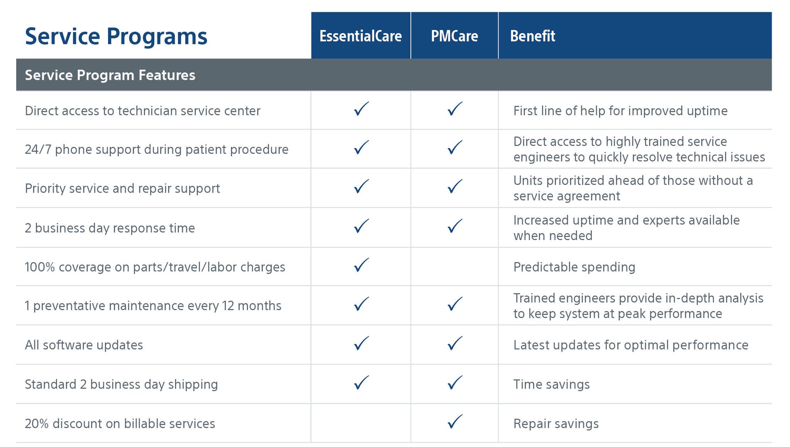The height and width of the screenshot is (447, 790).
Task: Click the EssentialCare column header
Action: [360, 36]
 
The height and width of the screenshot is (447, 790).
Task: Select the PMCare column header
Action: [454, 36]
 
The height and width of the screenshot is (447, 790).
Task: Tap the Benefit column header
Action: [532, 36]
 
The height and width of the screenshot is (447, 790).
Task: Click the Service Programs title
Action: [116, 36]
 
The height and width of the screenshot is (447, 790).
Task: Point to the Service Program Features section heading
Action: [110, 75]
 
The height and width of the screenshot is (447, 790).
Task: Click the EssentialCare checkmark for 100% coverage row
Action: [361, 265]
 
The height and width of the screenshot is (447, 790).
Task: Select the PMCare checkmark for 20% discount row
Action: [455, 422]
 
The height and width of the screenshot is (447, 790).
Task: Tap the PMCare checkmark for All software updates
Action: [455, 343]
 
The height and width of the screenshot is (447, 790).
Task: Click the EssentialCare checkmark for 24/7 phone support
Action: [361, 148]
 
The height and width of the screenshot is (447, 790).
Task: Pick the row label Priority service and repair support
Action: [122, 188]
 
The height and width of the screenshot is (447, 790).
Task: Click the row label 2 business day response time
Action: [110, 228]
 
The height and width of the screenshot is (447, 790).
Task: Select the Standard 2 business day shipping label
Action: [121, 384]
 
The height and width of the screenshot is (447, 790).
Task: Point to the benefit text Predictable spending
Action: [574, 267]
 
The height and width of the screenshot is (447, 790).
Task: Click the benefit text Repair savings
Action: [556, 423]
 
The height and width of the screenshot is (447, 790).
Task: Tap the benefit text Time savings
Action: [551, 384]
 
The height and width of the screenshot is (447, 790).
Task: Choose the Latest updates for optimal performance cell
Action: [631, 345]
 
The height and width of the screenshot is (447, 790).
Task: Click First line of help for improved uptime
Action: [620, 111]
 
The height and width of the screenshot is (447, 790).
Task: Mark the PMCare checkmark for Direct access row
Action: [455, 109]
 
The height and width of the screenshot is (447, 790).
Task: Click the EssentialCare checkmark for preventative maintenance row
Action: [361, 304]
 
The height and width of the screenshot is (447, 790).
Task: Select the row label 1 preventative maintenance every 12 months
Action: [153, 306]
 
